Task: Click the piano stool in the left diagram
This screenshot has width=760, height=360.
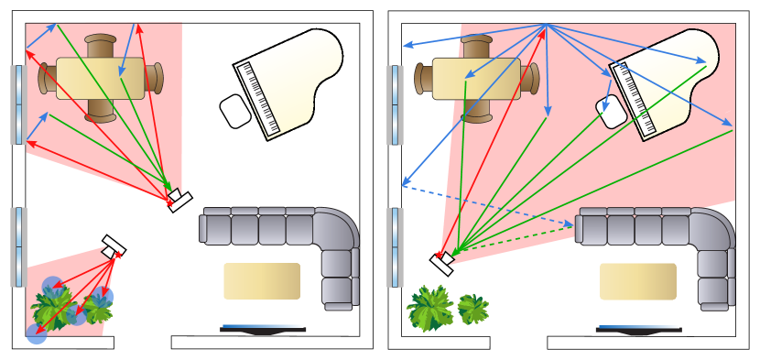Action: pos(235,111)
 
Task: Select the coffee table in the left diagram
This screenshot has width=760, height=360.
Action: pos(262,281)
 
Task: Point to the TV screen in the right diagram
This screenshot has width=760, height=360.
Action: pos(637,327)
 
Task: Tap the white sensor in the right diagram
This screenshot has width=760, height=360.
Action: pos(443,262)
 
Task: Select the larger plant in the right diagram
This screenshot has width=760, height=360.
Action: pos(429,308)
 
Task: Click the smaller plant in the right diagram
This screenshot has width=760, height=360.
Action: pos(472,309)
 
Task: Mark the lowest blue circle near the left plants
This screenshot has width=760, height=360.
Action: pos(37,334)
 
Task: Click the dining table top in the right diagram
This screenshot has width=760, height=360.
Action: pos(476,79)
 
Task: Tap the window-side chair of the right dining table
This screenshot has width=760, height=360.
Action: pos(423,79)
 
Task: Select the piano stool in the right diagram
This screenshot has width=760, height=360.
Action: pos(611,112)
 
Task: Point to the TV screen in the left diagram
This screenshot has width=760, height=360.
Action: pos(262,326)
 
